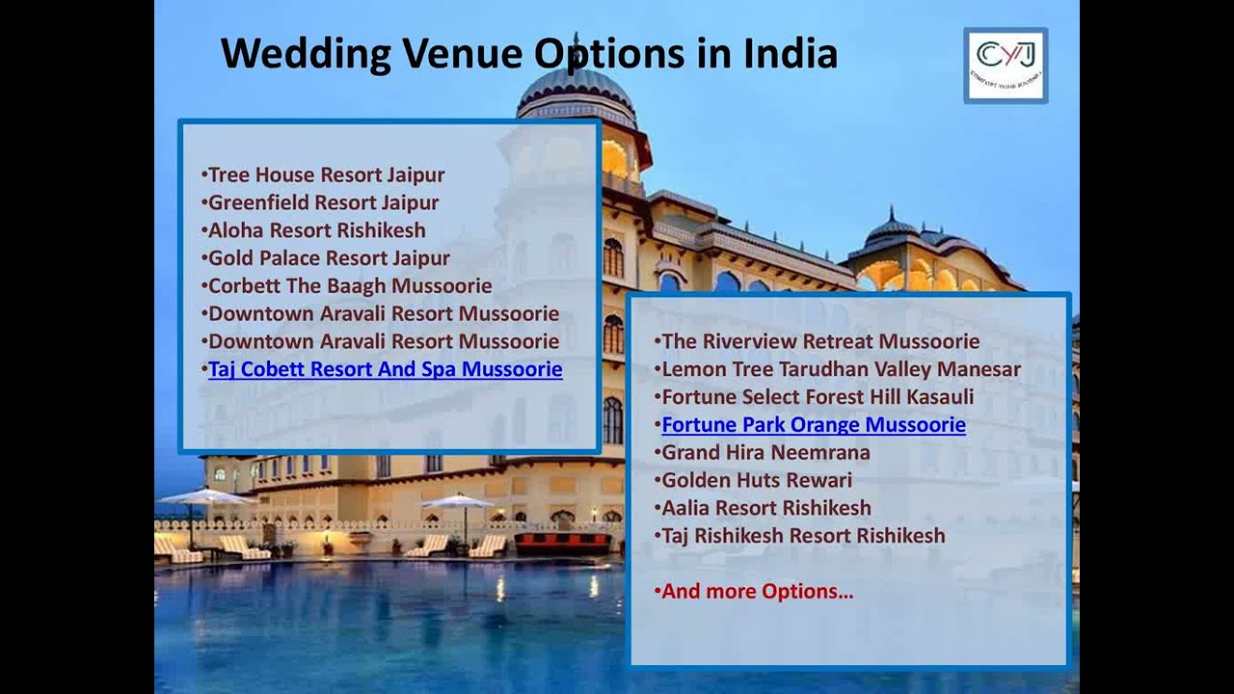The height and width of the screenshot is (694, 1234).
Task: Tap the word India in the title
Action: (790, 54)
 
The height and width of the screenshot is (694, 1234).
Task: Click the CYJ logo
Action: (1006, 65)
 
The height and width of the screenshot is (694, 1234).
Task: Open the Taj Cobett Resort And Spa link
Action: (385, 369)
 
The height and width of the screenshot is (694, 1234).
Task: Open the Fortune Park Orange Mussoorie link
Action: (813, 425)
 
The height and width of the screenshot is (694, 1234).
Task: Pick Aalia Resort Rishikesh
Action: (765, 508)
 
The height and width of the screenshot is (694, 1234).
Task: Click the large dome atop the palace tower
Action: (577, 88)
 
